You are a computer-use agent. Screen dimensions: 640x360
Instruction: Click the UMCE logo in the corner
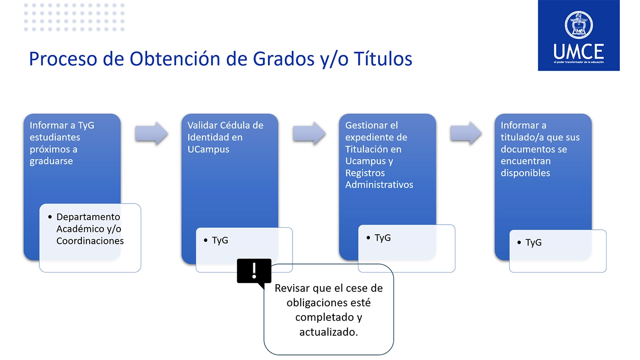click(579, 35)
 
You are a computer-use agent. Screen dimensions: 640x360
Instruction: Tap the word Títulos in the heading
click(383, 59)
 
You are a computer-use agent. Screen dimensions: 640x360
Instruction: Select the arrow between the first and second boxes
click(151, 133)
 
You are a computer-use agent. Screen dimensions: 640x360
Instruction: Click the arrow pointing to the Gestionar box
click(309, 133)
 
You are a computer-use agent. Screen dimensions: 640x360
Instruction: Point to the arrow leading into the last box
click(466, 133)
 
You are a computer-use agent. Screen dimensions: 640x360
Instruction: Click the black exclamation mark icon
click(254, 272)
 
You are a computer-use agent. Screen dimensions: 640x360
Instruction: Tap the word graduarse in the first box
click(51, 161)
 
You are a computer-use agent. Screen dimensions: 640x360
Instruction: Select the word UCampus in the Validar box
click(208, 149)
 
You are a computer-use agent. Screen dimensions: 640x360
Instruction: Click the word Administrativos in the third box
click(379, 185)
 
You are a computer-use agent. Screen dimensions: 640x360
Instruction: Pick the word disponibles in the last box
click(525, 173)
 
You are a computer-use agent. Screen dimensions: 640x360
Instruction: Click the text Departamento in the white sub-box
click(88, 217)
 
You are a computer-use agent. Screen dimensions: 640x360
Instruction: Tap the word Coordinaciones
click(90, 241)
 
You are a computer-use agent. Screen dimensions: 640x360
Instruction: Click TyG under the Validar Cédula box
click(220, 241)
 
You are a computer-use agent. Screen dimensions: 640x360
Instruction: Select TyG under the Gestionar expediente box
click(383, 238)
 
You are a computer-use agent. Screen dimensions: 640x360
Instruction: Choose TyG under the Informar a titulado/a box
click(533, 242)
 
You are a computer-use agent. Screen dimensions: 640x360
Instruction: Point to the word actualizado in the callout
click(329, 332)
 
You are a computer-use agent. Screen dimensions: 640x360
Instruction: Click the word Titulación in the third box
click(373, 149)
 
